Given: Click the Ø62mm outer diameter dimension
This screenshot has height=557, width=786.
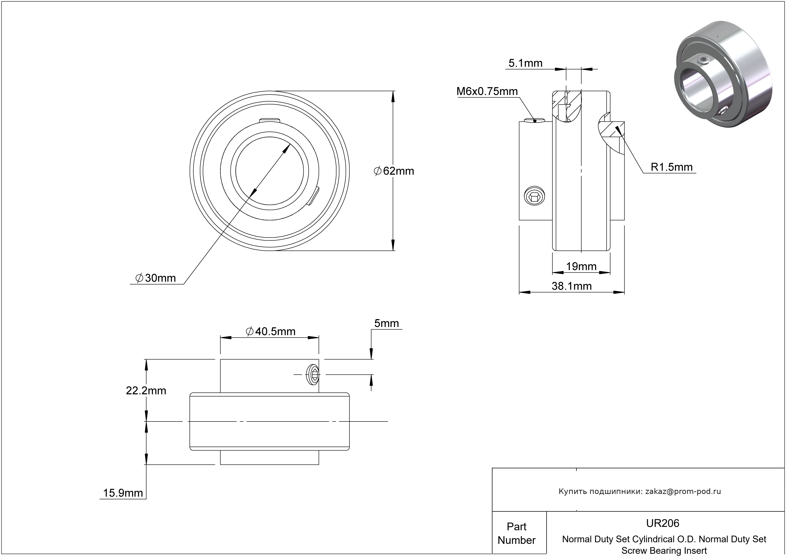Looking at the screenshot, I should tap(394, 171).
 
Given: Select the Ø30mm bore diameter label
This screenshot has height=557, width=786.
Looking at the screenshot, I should tap(156, 278).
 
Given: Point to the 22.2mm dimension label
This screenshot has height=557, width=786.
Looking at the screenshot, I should tap(146, 391).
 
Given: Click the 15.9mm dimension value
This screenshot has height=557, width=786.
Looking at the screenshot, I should tap(123, 493).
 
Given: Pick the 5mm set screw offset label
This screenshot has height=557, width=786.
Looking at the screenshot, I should tap(386, 323).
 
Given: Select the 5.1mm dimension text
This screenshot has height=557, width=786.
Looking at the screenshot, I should tap(525, 63).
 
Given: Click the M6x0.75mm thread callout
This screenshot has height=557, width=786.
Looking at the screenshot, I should tap(487, 91).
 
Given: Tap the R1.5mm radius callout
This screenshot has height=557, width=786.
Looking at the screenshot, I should tap(671, 167).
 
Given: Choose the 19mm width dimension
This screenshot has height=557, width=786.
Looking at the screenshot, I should tap(581, 266).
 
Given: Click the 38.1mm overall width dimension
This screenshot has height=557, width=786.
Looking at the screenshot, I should tap(571, 286).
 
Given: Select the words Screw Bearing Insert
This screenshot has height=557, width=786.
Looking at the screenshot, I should tap(664, 551).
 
